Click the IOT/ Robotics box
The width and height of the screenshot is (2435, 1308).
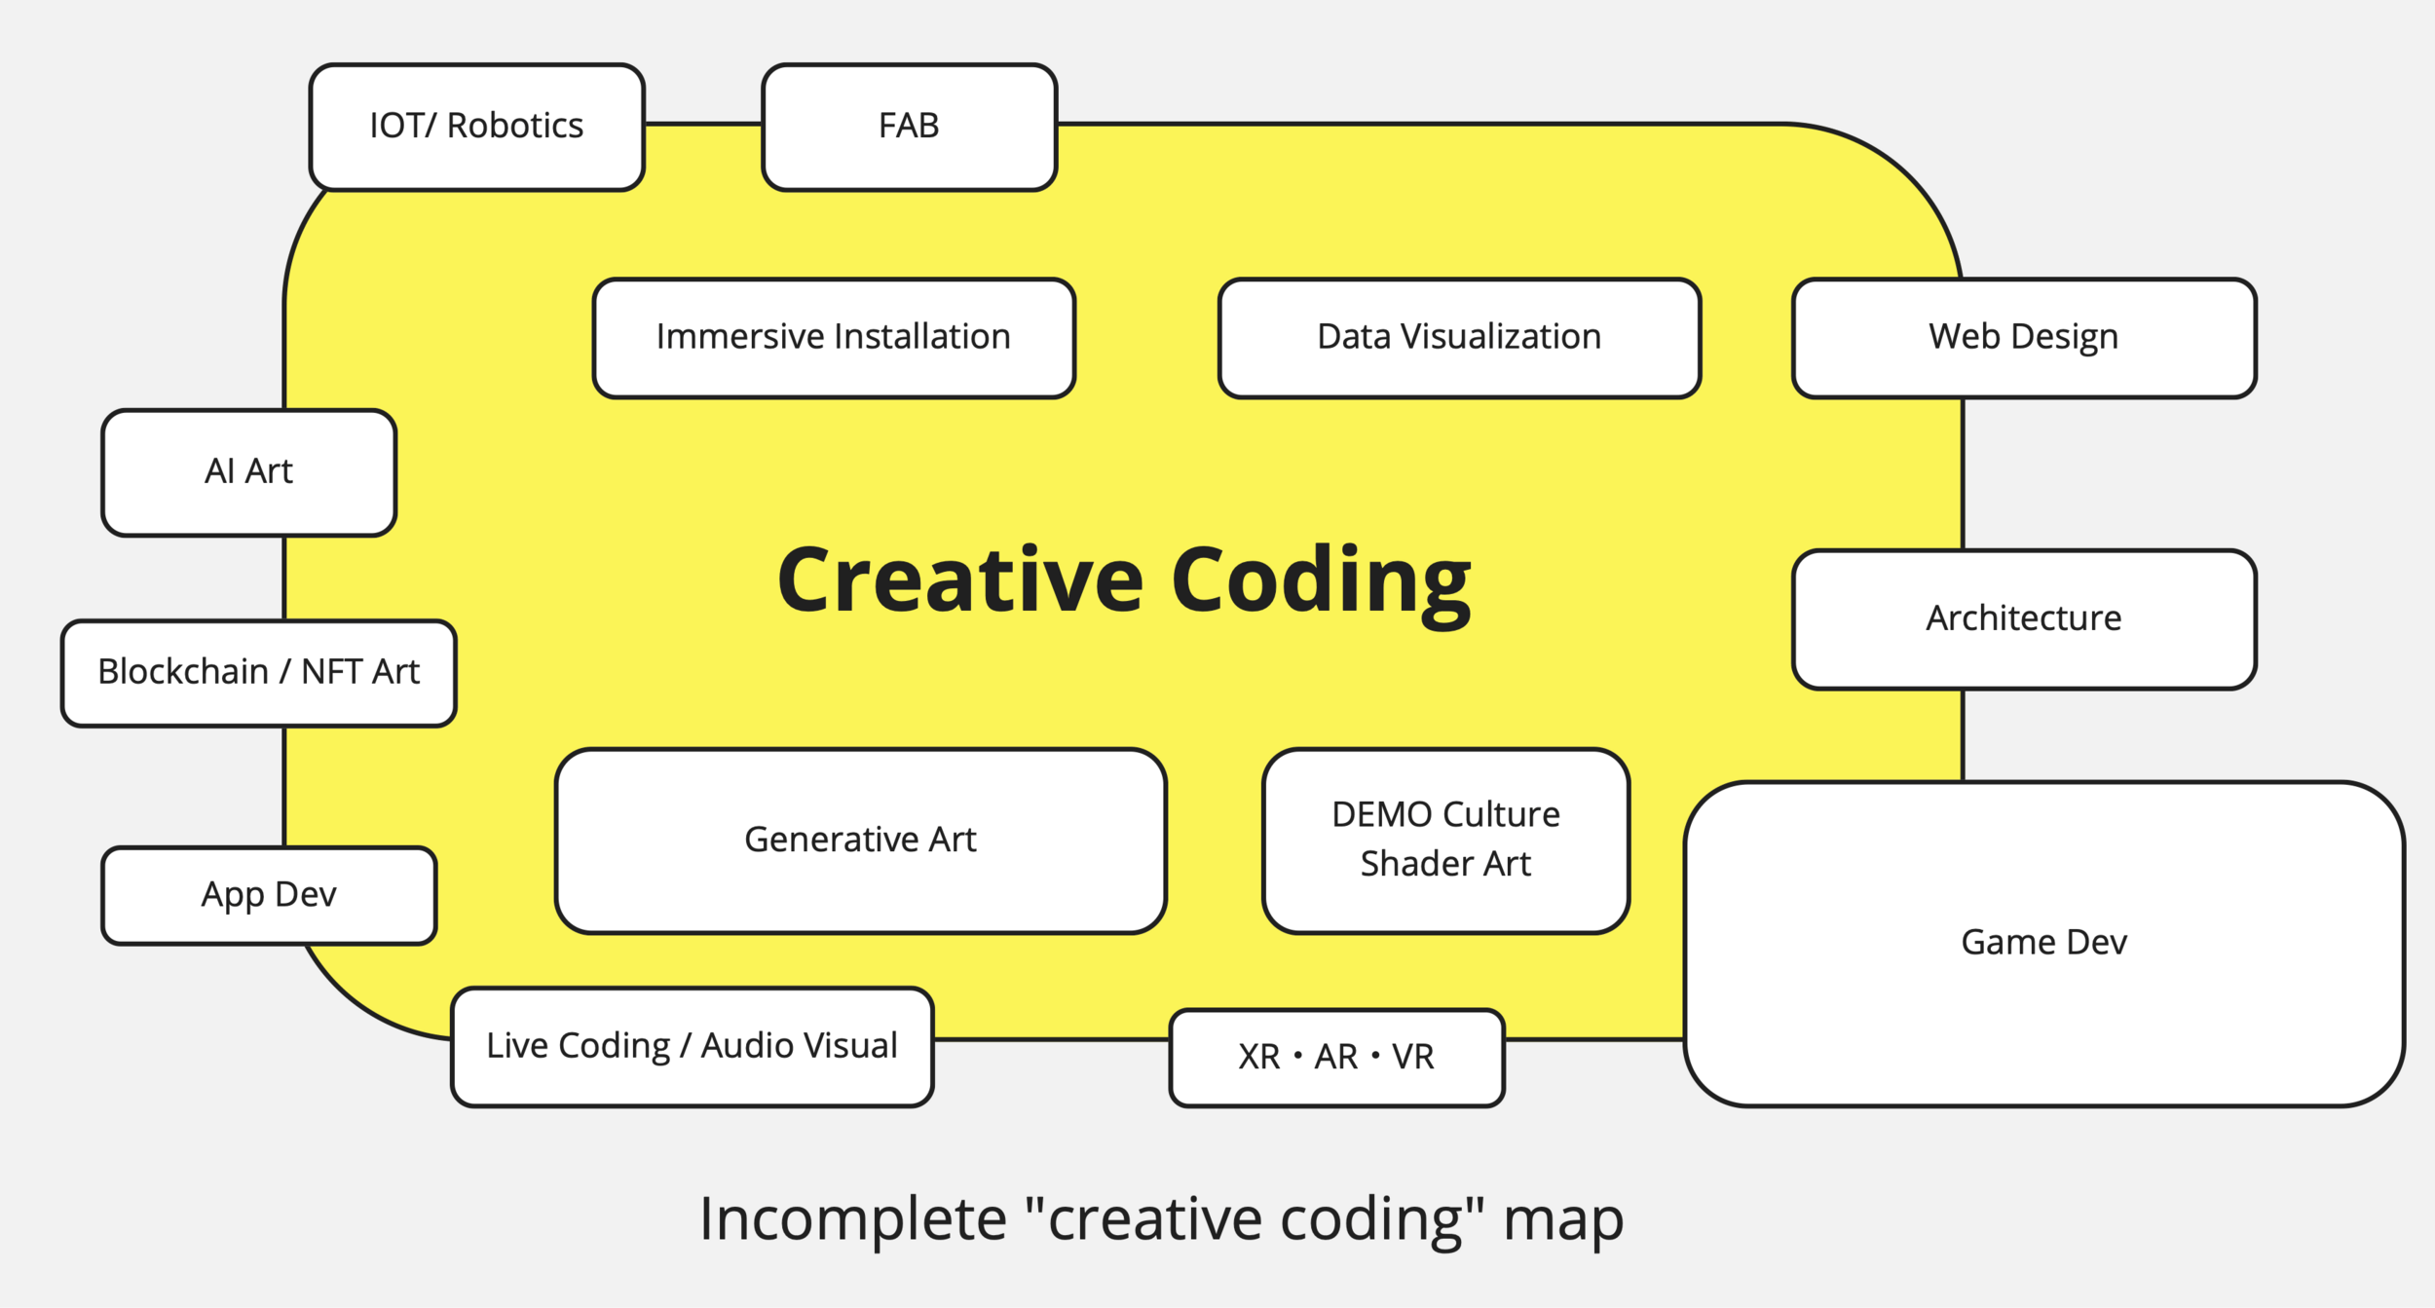tap(476, 127)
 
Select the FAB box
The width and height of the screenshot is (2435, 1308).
tap(909, 127)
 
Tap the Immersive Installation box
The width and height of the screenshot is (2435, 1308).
tap(834, 338)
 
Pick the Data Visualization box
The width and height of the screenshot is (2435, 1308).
tap(1459, 338)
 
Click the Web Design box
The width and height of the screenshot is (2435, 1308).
tap(2024, 338)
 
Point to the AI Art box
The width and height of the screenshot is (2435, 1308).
tap(248, 472)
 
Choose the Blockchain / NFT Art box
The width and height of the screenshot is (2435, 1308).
tap(258, 673)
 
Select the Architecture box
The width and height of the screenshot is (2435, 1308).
tap(2024, 619)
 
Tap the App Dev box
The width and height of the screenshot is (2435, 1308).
tap(269, 895)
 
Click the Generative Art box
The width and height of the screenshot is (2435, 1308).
tap(860, 841)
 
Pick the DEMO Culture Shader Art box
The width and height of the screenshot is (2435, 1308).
tap(1445, 841)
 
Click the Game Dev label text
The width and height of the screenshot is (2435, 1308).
tap(2043, 943)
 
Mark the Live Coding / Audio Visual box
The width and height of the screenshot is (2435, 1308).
tap(692, 1047)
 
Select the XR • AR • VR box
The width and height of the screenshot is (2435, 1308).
tap(1336, 1058)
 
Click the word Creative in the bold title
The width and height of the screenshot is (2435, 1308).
tap(960, 580)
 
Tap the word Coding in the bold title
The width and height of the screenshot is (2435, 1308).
tap(1321, 582)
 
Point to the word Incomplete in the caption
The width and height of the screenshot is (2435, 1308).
tap(853, 1219)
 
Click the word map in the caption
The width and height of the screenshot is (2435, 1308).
tap(1563, 1219)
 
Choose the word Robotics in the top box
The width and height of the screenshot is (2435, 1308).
tap(515, 127)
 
